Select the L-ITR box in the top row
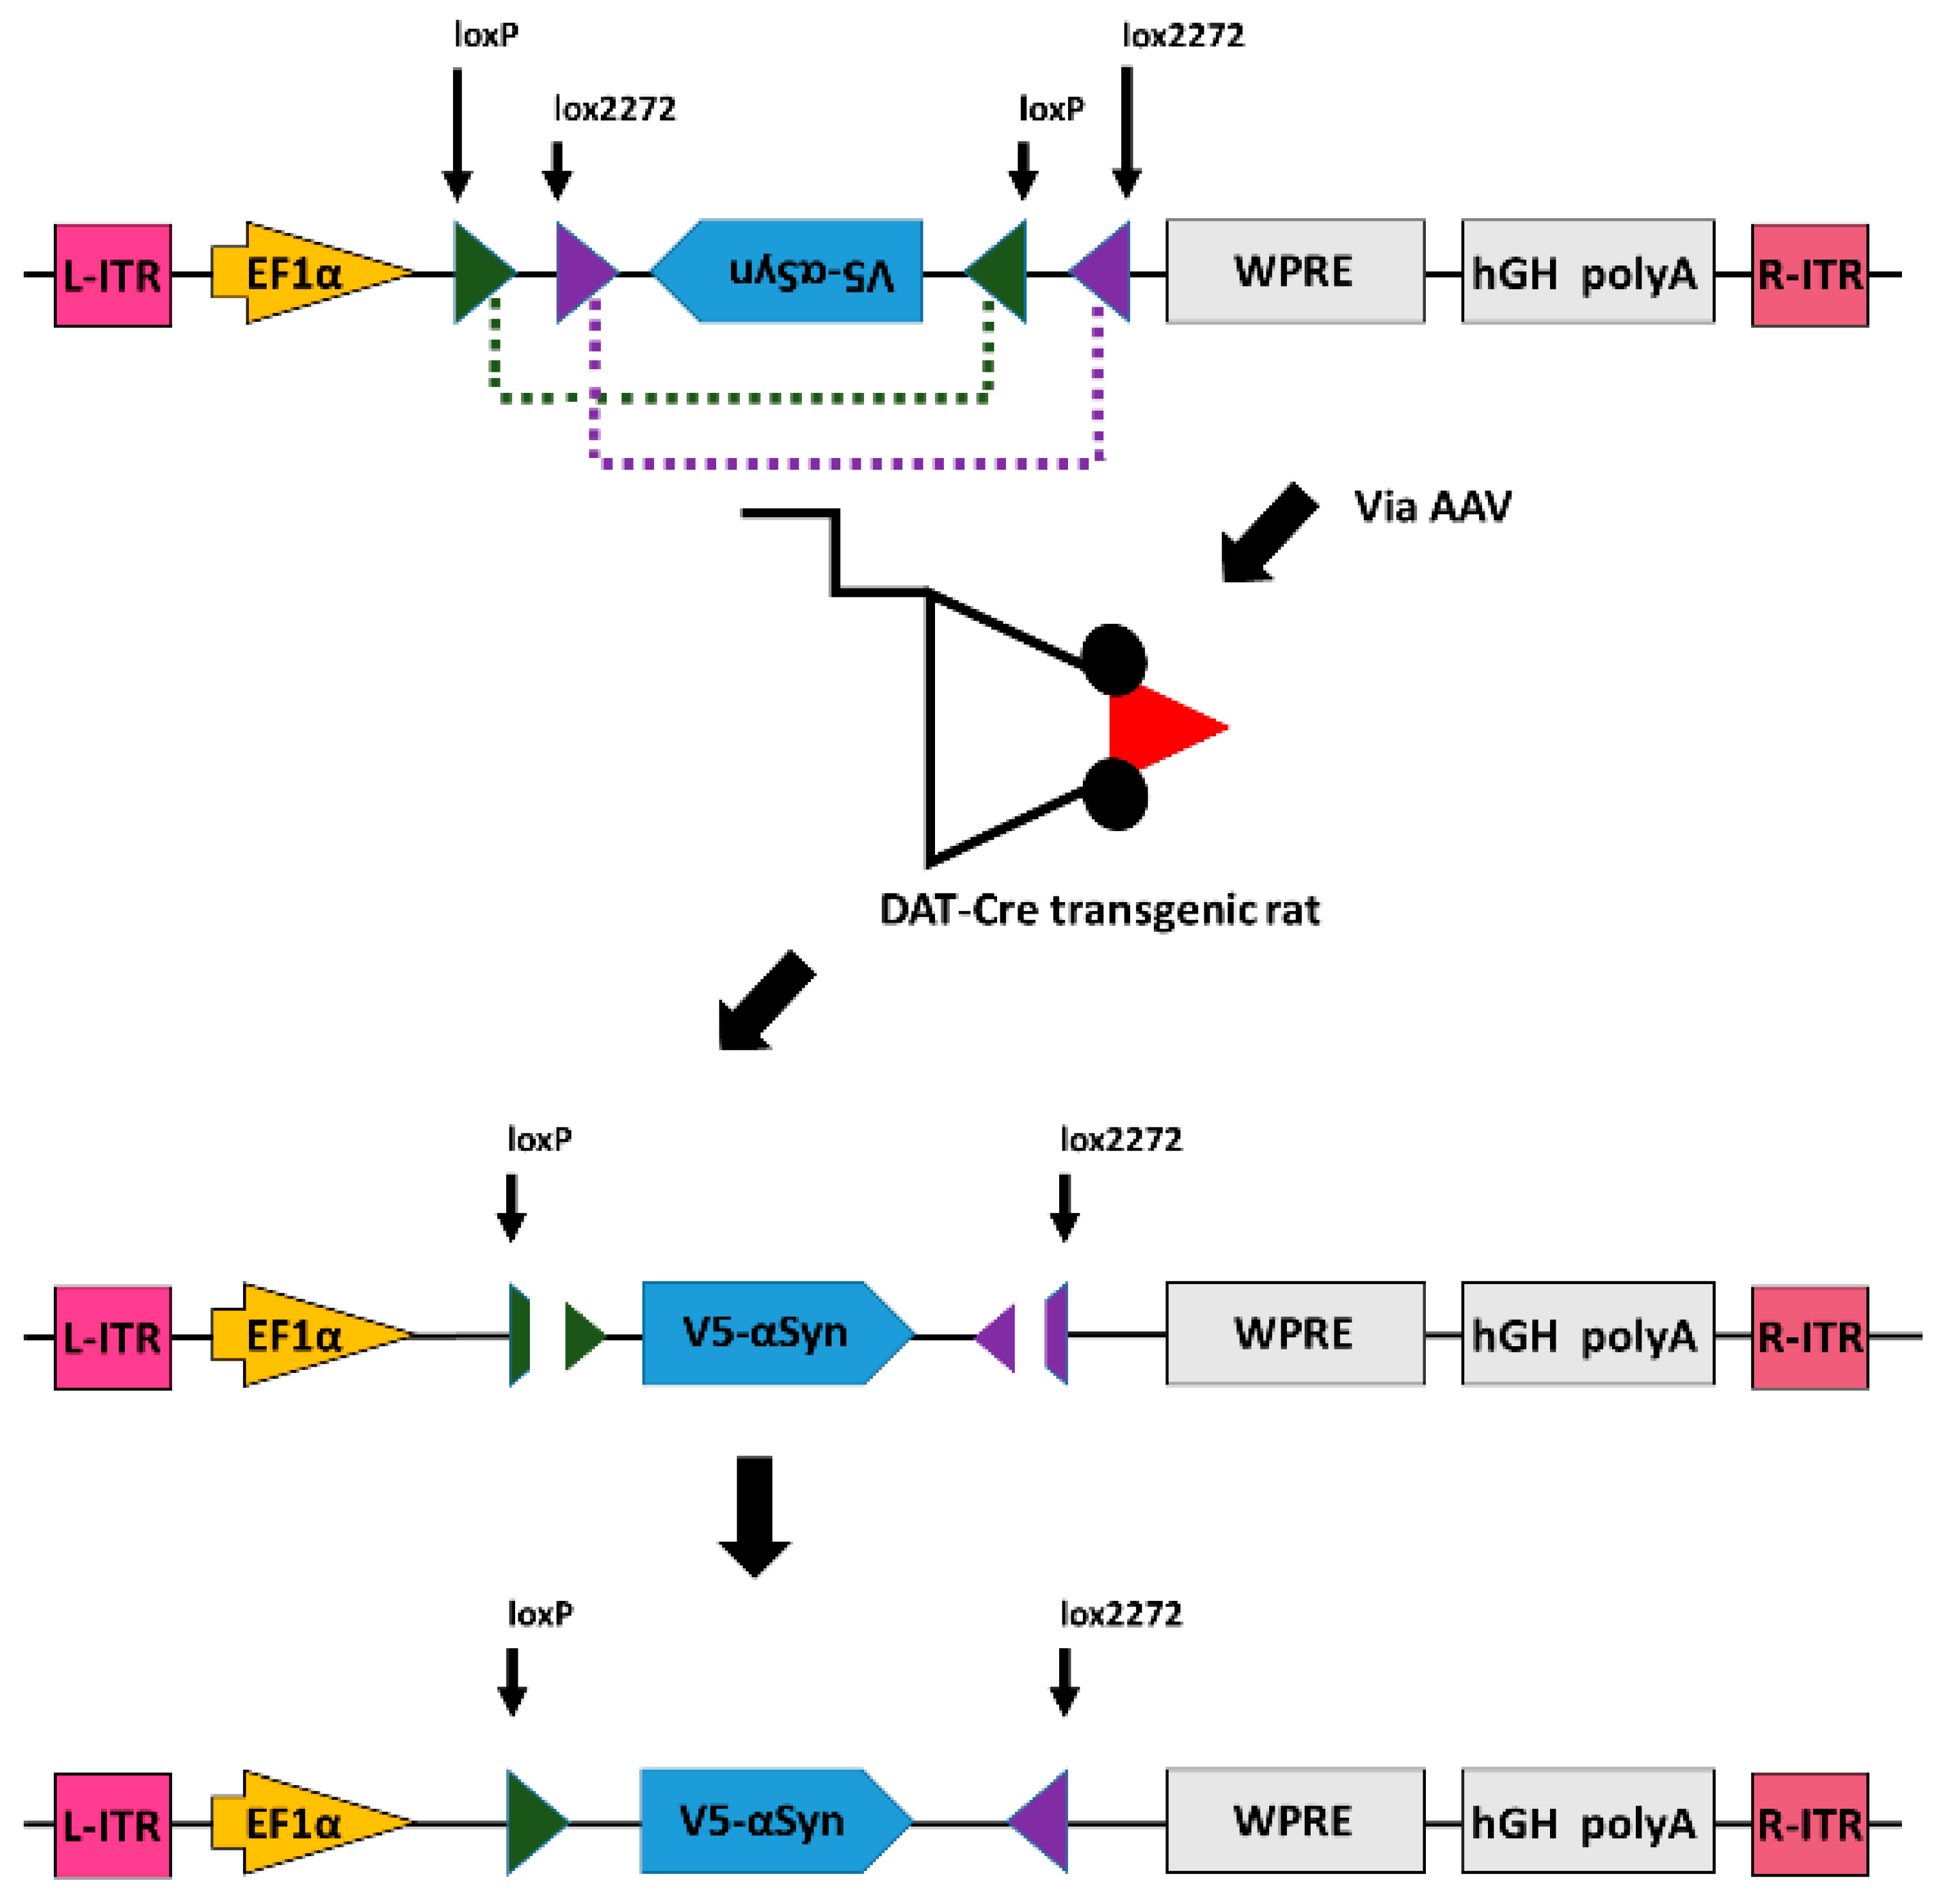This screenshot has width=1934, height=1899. pyautogui.click(x=112, y=275)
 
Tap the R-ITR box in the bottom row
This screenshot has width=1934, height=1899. pyautogui.click(x=1809, y=1824)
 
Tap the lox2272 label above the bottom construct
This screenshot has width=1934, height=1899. pyautogui.click(x=1120, y=1614)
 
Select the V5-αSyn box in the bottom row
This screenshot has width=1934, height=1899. pyautogui.click(x=770, y=1822)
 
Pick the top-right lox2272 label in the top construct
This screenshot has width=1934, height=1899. pyautogui.click(x=1183, y=36)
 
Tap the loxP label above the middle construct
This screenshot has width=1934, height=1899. pyautogui.click(x=539, y=1139)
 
